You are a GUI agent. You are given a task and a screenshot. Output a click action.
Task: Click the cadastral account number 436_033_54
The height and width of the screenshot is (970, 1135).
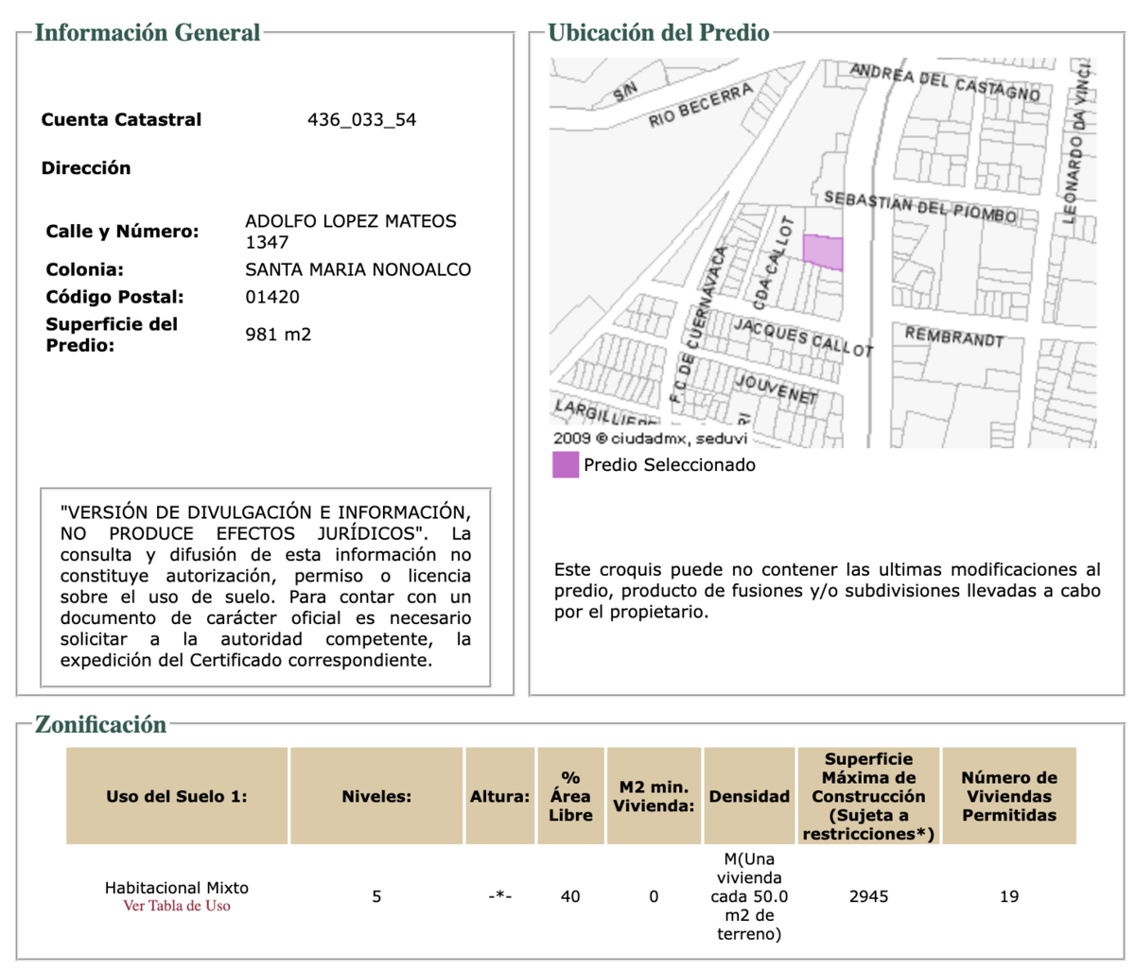[361, 120]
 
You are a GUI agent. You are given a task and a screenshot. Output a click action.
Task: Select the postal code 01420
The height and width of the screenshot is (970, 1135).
[272, 297]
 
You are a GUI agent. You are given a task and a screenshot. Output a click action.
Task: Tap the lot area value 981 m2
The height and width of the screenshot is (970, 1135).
[278, 335]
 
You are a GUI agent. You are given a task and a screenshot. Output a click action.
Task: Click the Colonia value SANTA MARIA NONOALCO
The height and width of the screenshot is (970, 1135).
[358, 269]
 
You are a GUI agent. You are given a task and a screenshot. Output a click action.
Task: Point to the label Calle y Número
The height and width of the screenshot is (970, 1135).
[122, 232]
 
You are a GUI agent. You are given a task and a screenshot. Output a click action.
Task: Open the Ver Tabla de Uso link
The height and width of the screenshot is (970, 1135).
[177, 906]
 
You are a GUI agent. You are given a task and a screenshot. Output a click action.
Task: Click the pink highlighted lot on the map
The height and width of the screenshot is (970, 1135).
[823, 251]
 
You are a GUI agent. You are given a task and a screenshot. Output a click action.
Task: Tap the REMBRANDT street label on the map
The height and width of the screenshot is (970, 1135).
[953, 337]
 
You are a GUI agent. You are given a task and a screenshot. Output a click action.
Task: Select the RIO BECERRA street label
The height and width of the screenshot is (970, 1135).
[701, 105]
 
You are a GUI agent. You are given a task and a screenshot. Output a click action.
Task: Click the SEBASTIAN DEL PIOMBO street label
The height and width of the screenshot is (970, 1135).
[919, 207]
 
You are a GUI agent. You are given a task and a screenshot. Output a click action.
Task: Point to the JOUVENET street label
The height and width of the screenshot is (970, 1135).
[777, 390]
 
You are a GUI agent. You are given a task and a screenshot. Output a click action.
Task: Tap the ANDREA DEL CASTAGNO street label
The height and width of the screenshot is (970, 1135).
[944, 82]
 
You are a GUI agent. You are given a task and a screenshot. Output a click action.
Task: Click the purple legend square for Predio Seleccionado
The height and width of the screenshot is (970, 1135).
[566, 465]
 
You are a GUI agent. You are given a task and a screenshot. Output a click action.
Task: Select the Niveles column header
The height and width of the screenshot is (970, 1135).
[376, 796]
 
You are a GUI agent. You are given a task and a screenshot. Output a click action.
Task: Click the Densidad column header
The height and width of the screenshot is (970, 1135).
[749, 796]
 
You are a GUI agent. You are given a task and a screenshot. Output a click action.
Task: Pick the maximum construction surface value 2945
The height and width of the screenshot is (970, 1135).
[868, 896]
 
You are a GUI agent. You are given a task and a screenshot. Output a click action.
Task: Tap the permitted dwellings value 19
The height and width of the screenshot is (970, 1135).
[1009, 896]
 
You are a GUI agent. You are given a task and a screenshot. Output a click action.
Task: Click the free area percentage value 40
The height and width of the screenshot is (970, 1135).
[570, 896]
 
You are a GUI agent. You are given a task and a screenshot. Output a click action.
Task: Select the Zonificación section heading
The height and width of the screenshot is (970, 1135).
[100, 725]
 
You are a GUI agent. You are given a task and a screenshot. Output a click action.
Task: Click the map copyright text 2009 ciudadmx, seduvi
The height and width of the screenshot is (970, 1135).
[651, 439]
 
